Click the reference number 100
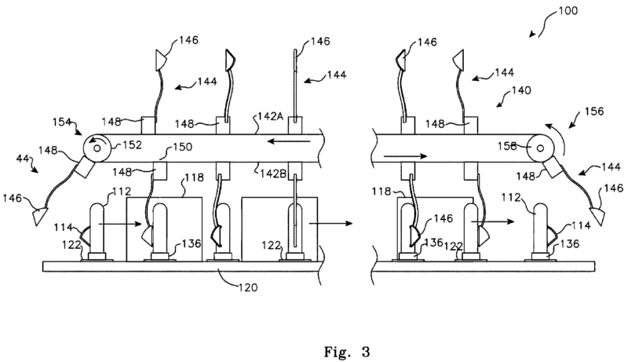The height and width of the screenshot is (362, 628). click(x=568, y=10)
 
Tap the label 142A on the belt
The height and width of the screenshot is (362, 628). click(x=270, y=115)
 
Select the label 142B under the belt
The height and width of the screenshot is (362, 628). click(x=272, y=174)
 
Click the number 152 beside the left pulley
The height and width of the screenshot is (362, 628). click(x=132, y=144)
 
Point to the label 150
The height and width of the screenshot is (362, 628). click(x=183, y=147)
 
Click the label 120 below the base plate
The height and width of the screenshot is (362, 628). click(x=248, y=287)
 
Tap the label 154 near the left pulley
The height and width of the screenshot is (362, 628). click(x=63, y=122)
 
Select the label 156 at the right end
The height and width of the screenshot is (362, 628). click(x=594, y=111)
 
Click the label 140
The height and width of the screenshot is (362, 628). click(x=521, y=90)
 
